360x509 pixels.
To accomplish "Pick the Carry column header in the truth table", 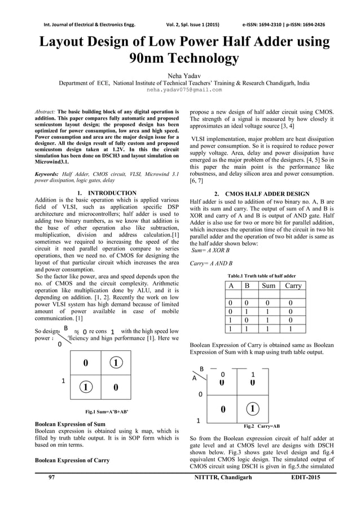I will (x=293, y=286).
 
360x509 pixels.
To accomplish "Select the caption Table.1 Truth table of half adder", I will (x=261, y=275).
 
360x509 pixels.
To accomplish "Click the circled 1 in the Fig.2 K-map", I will (x=254, y=408).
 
